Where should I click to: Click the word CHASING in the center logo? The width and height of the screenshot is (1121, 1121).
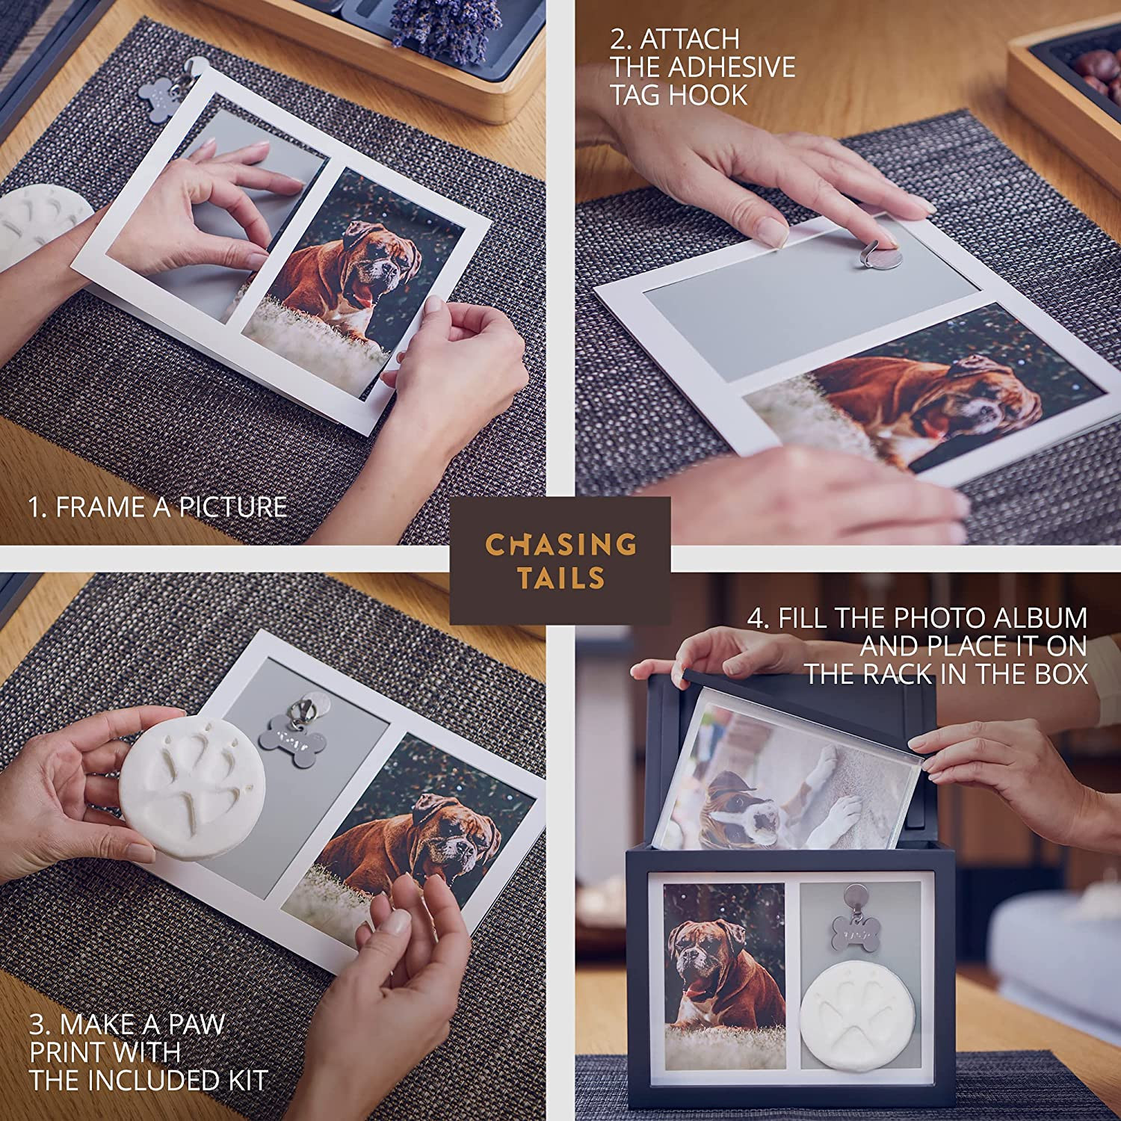pos(560,544)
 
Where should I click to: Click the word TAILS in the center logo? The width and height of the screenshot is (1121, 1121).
pos(560,578)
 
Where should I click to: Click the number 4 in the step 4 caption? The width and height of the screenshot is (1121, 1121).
pos(756,619)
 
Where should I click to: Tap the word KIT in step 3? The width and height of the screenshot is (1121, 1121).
pos(241,1081)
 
